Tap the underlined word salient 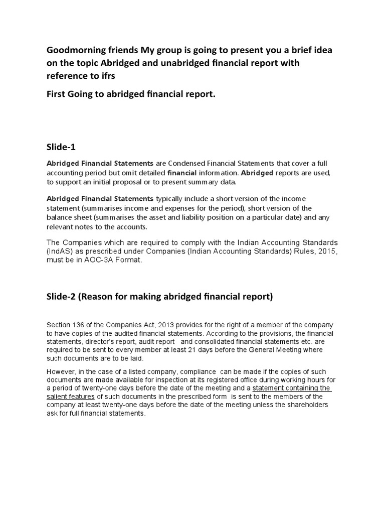tap(60, 397)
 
